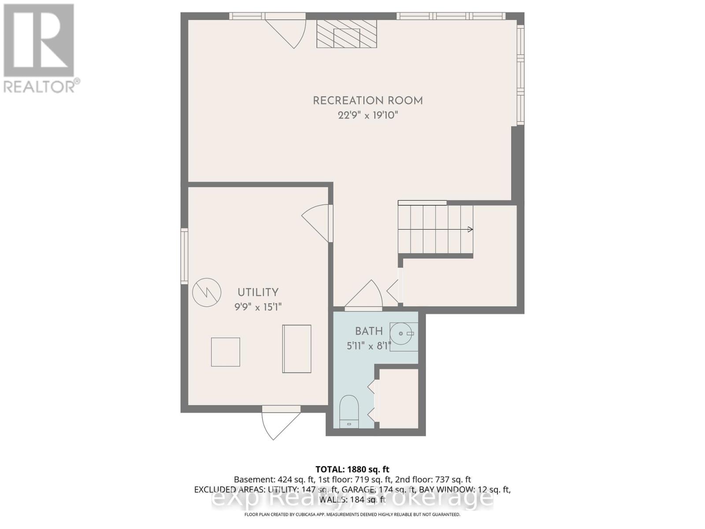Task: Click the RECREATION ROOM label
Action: [x=367, y=101]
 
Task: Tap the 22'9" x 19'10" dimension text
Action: [x=367, y=115]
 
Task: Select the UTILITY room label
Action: [x=258, y=292]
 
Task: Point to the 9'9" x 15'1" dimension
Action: [x=258, y=307]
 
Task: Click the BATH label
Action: [x=369, y=331]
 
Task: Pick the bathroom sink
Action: [x=402, y=334]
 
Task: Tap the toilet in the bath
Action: [x=349, y=411]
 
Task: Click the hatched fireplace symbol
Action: [x=346, y=34]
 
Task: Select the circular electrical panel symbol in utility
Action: [x=207, y=292]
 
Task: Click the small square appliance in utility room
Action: [x=225, y=352]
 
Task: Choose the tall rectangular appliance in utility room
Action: [x=297, y=349]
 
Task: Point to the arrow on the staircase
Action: [x=470, y=229]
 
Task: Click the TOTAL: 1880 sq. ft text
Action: [x=352, y=469]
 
